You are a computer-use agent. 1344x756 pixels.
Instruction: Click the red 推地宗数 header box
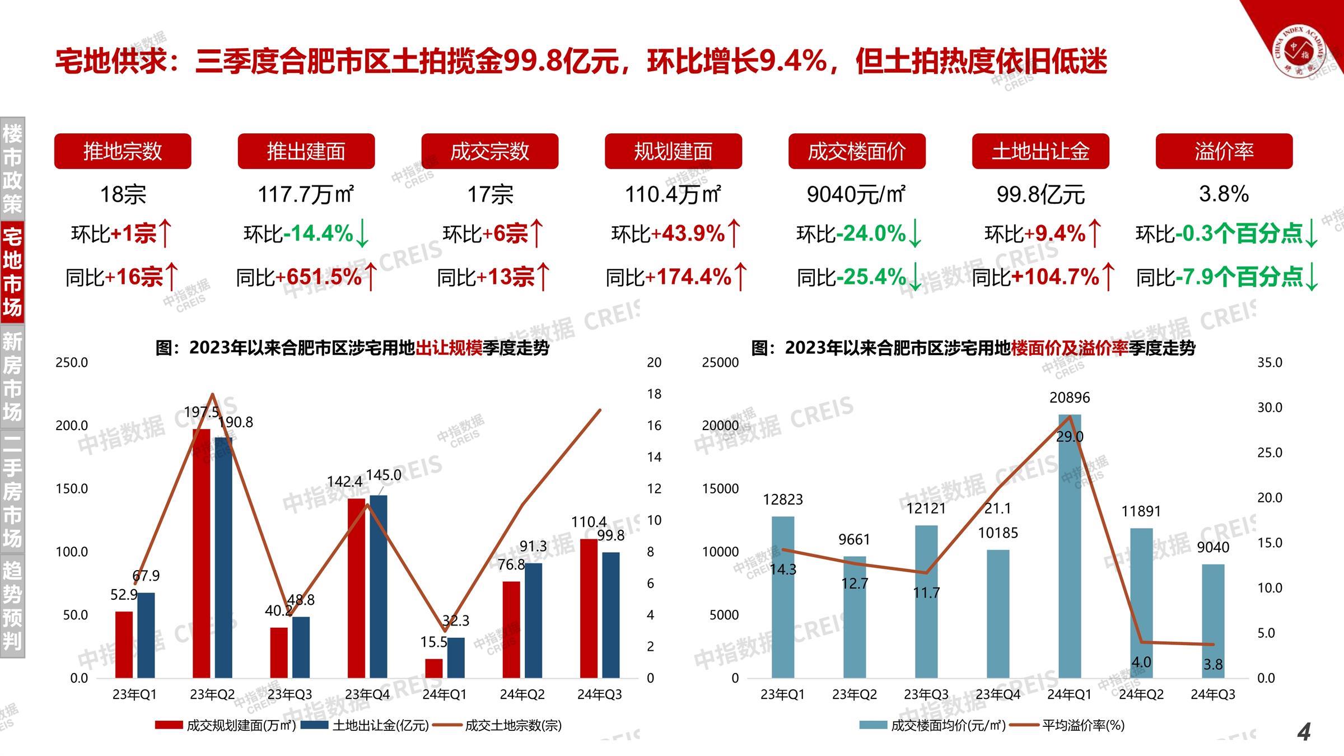[122, 151]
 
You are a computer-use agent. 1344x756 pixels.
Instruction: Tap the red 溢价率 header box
[1224, 151]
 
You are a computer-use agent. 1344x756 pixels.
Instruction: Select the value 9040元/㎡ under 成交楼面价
[856, 194]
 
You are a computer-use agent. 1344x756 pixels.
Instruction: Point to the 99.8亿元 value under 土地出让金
[1040, 194]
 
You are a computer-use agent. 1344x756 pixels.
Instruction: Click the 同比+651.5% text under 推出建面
[306, 277]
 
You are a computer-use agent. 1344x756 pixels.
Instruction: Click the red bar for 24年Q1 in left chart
[434, 668]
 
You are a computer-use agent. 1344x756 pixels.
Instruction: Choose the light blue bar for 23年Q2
[855, 617]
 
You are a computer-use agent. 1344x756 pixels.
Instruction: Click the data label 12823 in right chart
[782, 500]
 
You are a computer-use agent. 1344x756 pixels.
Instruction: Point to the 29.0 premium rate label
[1070, 437]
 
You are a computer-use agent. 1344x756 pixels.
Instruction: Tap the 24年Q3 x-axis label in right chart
[1213, 694]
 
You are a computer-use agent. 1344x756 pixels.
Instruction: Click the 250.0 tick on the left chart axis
[72, 362]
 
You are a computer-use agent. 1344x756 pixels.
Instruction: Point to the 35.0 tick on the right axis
[1270, 362]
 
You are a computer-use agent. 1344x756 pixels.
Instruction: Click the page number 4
[1304, 732]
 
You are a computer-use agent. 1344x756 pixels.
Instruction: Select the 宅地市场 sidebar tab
[12, 273]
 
